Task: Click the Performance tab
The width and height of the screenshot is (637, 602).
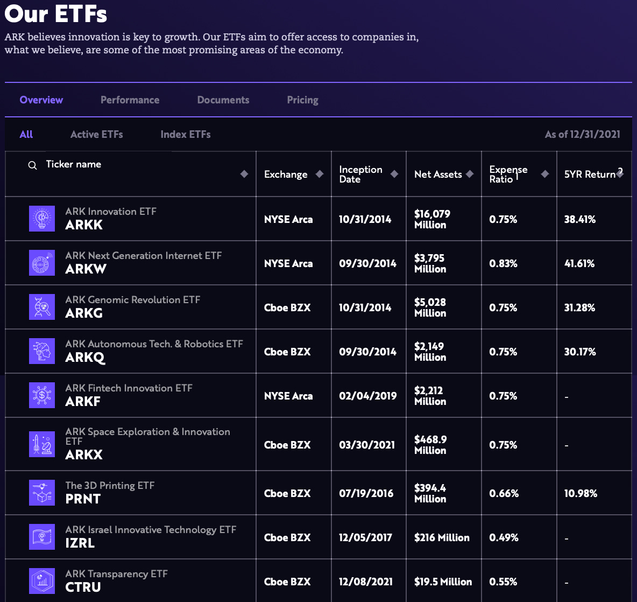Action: tap(130, 100)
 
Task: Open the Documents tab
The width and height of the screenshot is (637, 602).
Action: tap(223, 100)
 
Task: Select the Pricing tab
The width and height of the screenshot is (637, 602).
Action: tap(302, 100)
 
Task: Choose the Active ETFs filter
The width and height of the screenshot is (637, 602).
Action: tap(96, 134)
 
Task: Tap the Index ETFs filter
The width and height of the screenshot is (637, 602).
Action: tap(185, 134)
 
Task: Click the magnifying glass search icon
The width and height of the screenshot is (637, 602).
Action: tap(33, 165)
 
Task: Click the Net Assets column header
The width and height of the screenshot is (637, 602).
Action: tap(438, 174)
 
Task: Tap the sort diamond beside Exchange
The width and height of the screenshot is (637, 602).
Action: tap(320, 174)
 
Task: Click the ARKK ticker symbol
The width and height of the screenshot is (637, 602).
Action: tap(84, 225)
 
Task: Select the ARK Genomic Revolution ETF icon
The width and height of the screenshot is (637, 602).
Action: tap(42, 307)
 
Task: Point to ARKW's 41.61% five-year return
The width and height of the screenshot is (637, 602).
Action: tap(579, 263)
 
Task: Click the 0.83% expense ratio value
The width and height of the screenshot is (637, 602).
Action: tap(503, 263)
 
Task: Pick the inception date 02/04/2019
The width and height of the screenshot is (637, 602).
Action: tap(367, 396)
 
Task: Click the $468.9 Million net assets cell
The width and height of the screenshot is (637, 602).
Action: tap(430, 445)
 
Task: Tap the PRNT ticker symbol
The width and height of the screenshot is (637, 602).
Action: tap(83, 499)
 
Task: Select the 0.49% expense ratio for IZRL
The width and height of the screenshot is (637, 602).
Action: tap(504, 537)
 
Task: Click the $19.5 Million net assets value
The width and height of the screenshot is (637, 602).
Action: tap(443, 582)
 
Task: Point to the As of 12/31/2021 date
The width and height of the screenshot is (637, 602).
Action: tap(582, 134)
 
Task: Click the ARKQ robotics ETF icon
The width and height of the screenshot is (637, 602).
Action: tap(42, 351)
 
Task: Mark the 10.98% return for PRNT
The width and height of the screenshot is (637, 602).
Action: tap(581, 493)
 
